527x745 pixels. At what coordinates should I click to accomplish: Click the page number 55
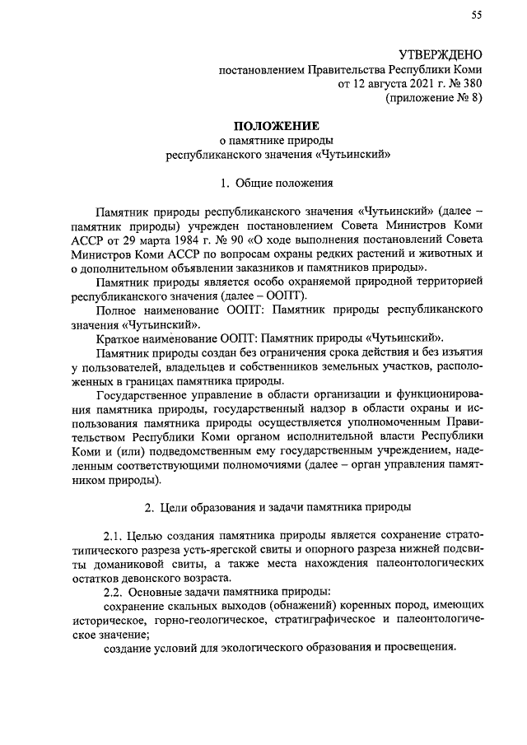[x=476, y=15]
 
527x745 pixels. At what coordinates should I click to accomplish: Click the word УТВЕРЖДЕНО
[x=441, y=54]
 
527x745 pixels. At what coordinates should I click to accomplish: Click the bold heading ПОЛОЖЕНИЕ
[x=274, y=126]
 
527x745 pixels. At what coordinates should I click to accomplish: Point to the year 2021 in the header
[x=400, y=83]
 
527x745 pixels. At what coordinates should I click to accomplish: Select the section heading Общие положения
[x=282, y=182]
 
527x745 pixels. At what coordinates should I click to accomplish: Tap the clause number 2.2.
[x=116, y=592]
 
